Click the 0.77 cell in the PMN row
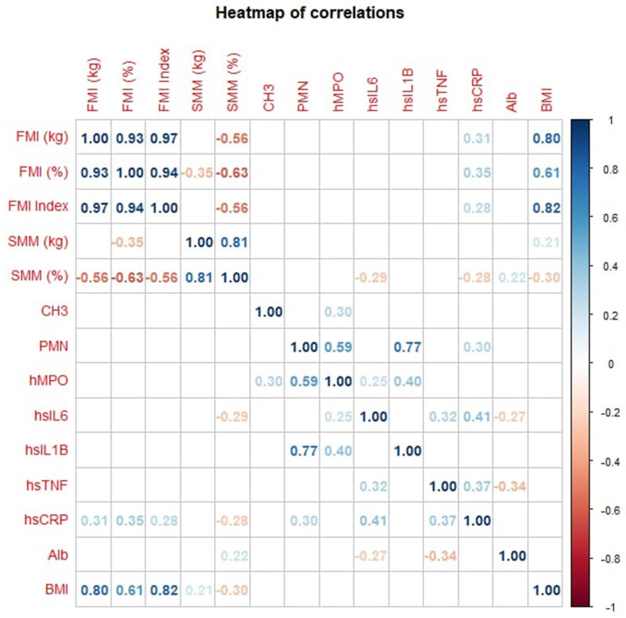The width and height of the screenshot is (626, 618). pyautogui.click(x=407, y=347)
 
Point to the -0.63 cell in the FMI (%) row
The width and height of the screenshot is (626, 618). pyautogui.click(x=232, y=173)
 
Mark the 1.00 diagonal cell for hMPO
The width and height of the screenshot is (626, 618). pyautogui.click(x=338, y=381)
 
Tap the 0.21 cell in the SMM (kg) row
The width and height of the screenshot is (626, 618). pyautogui.click(x=546, y=242)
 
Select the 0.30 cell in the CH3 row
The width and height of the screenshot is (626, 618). pyautogui.click(x=338, y=312)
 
